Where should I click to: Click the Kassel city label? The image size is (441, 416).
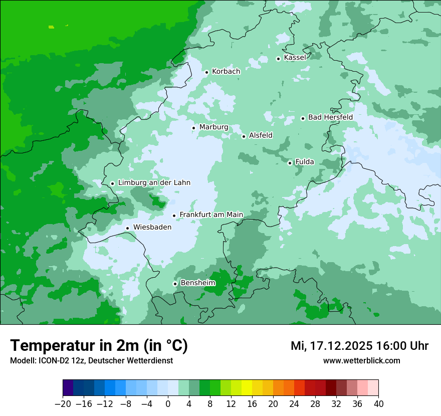295,58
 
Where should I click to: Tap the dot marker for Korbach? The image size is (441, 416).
206,72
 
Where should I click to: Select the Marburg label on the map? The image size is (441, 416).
213,127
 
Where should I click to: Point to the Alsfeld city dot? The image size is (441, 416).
244,136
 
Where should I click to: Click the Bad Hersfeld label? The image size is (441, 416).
330,117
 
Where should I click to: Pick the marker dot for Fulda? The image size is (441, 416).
290,163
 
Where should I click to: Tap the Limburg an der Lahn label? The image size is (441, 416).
154,183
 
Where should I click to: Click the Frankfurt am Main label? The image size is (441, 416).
211,215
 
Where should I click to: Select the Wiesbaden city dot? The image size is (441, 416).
128,228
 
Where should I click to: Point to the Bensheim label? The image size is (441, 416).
197,283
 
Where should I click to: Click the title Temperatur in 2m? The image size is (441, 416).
99,346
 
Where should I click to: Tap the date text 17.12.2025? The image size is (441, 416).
341,346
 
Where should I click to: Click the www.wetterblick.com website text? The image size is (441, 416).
361,361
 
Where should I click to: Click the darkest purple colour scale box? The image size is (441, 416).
68,388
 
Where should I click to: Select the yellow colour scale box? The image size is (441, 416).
247,388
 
